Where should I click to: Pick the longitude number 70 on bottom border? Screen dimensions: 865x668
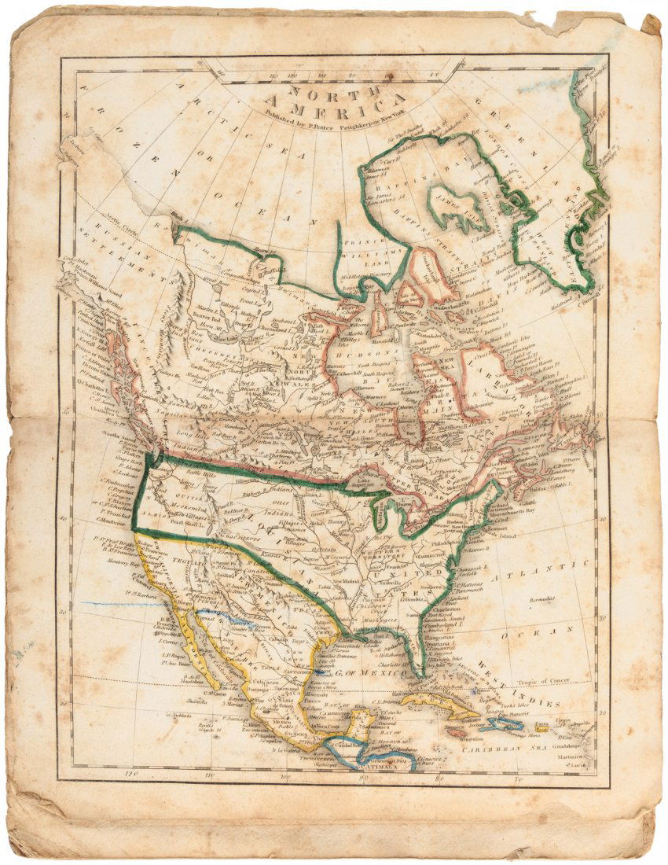point(518,780)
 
